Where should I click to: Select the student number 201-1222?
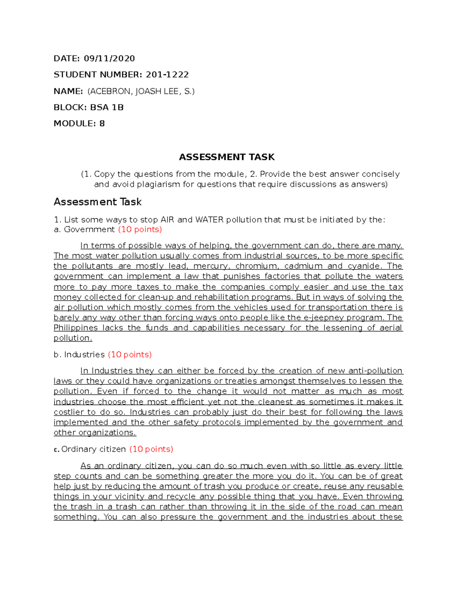(167, 75)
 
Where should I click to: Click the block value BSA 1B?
(107, 107)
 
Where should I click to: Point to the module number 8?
(102, 124)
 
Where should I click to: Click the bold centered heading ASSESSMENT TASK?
(227, 157)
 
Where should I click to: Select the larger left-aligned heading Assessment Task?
(97, 202)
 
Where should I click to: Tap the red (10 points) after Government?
(140, 229)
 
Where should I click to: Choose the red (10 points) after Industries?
(129, 355)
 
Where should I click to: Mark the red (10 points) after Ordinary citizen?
(151, 449)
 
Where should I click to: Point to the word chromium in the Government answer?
(256, 266)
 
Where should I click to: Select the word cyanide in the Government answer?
(362, 266)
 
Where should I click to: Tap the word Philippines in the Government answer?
(75, 328)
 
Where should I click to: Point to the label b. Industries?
(79, 355)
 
